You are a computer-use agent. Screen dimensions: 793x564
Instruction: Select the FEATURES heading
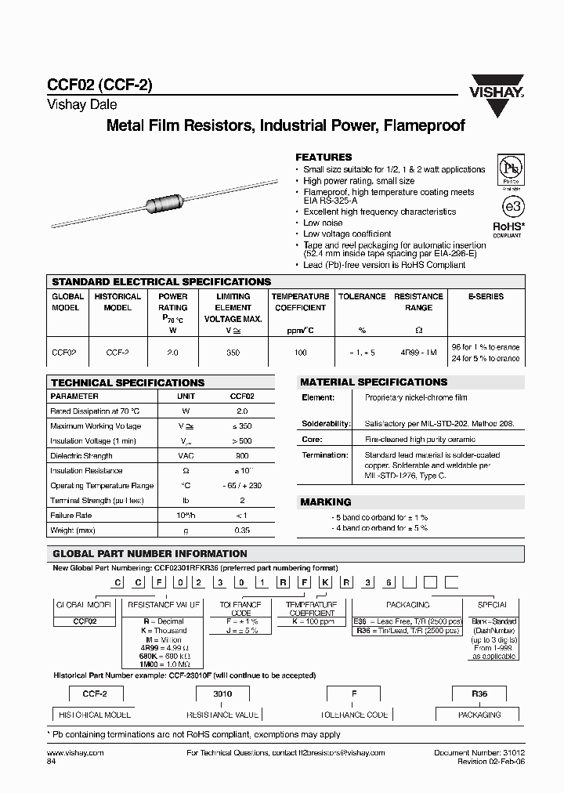click(x=324, y=157)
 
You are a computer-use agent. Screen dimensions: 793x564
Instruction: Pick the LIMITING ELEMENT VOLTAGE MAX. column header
click(x=233, y=308)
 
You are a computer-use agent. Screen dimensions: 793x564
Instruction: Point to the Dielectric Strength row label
click(x=81, y=456)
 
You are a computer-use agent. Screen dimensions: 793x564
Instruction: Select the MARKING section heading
click(x=326, y=502)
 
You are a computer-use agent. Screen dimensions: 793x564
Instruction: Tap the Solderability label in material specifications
click(x=325, y=423)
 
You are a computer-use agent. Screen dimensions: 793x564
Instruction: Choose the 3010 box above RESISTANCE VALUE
click(x=222, y=694)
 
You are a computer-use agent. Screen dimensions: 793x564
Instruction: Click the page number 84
click(x=52, y=761)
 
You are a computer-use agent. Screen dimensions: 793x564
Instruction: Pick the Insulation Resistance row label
click(x=86, y=471)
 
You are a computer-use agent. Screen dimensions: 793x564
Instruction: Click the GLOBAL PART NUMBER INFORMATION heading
click(x=149, y=553)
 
